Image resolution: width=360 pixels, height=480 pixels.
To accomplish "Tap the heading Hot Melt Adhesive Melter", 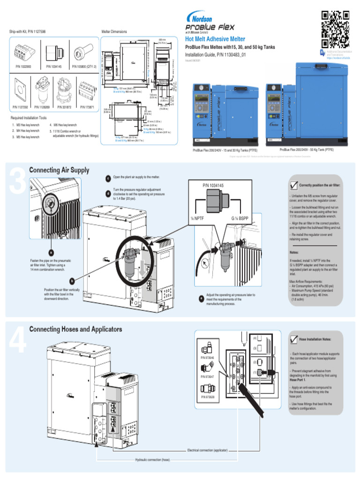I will pos(215,39).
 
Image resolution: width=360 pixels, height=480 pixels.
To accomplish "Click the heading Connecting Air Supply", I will pos(59,170).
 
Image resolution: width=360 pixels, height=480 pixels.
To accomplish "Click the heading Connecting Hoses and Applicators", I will pos(75,329).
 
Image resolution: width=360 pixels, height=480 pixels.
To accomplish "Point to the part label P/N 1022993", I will pos(24,67).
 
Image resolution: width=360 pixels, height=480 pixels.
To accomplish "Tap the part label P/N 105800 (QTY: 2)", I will pos(84,67).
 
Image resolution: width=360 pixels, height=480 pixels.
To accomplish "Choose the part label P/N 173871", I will pos(87,107).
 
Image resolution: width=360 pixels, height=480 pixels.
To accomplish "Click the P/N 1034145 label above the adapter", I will pos(213,186).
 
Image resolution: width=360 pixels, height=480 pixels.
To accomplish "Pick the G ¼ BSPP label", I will pos(240,218).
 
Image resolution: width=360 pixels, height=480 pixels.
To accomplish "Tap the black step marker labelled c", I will pos(108,178).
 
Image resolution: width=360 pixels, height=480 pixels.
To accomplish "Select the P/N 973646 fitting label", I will pos(207,358).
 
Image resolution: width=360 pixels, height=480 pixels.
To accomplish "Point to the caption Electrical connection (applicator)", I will pos(207,450).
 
